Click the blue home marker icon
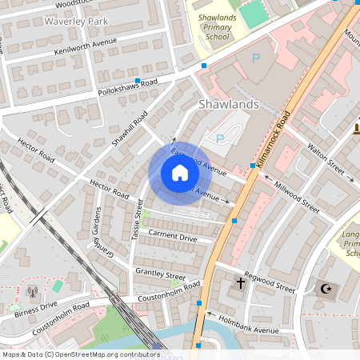(180, 173)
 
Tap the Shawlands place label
(228, 104)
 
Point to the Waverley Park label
(77, 20)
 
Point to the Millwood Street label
(295, 195)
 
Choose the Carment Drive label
(172, 238)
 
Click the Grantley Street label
(160, 275)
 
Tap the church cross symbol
(240, 282)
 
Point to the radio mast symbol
(32, 293)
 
